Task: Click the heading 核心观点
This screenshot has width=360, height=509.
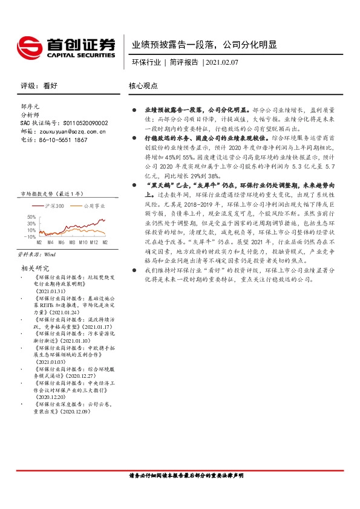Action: pyautogui.click(x=143, y=86)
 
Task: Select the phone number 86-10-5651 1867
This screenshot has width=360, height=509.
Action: pyautogui.click(x=63, y=140)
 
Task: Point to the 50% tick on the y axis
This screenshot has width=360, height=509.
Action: pyautogui.click(x=30, y=216)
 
